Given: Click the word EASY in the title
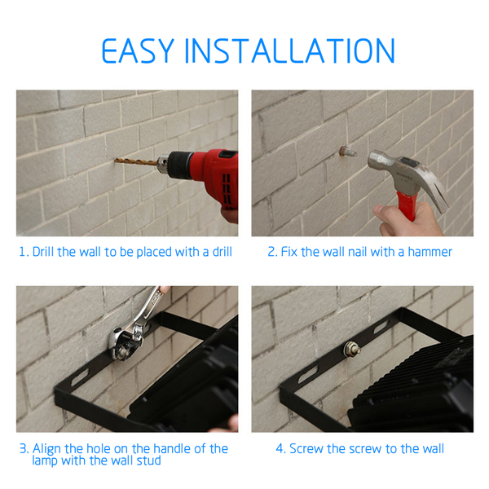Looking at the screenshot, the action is (138, 51).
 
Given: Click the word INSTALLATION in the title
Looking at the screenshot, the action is (290, 51).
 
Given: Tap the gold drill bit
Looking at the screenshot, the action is (136, 162).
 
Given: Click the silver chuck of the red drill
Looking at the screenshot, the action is (164, 164).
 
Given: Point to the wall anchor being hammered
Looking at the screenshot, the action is (348, 152).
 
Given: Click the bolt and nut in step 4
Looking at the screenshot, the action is (352, 349).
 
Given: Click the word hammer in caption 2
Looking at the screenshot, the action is (430, 252).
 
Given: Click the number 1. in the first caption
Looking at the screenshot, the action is (24, 252).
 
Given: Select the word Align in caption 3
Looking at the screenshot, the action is (47, 449).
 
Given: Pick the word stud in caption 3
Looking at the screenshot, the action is (149, 460).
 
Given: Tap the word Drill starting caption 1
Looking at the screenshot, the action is (43, 252).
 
